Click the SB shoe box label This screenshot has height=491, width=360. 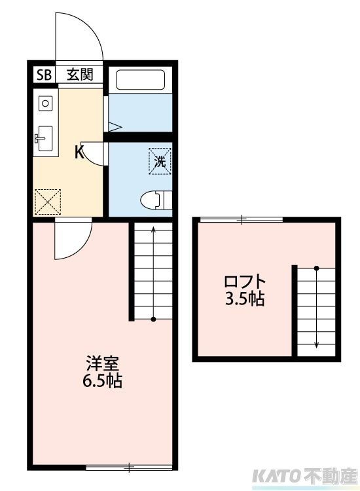pos(45,75)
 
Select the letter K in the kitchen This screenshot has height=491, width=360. pos(79,153)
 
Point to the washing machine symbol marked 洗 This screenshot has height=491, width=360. pos(160,160)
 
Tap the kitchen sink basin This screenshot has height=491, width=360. pos(45,137)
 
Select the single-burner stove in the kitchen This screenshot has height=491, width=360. pos(45,102)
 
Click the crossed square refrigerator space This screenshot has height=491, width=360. pos(47,202)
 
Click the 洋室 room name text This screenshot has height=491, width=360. pos(101,363)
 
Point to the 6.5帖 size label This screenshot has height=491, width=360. pos(101,381)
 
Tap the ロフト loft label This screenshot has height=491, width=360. pos(245,282)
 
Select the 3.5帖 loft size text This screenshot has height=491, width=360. pos(245,300)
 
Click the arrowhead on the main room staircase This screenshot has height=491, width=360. pos(153,230)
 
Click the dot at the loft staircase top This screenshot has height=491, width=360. pos(316,268)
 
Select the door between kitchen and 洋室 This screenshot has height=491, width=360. pos(72,239)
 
